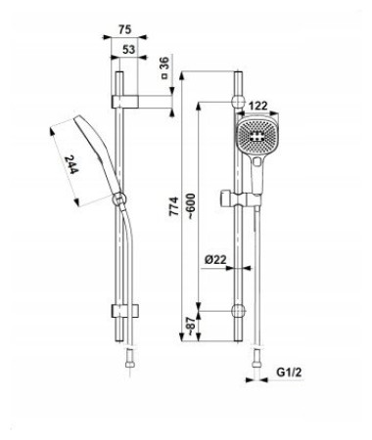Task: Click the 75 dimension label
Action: (x=125, y=29)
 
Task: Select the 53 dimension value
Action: (x=129, y=50)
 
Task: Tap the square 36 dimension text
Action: (x=165, y=67)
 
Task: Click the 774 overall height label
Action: (x=173, y=206)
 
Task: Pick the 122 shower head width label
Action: (x=257, y=106)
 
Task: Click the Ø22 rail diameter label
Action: (x=215, y=260)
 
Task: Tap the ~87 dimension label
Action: (x=191, y=326)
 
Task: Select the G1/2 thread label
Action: (x=289, y=372)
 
